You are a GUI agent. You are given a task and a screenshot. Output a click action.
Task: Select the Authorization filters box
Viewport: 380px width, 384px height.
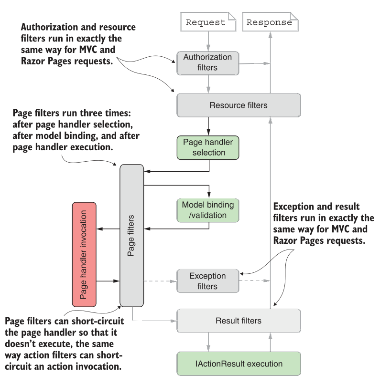click(x=208, y=62)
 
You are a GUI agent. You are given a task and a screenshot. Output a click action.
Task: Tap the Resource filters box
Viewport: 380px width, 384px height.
click(x=239, y=105)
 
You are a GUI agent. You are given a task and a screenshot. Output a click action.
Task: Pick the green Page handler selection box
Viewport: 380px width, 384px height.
click(x=208, y=147)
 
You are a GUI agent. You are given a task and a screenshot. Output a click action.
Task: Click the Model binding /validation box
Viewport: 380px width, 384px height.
click(x=208, y=210)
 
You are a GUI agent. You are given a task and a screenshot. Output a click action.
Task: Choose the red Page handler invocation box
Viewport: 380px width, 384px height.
click(x=84, y=254)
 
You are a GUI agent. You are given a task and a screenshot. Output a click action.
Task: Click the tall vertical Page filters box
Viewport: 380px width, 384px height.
click(x=131, y=236)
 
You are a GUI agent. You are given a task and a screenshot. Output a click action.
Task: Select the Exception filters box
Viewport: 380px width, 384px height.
click(x=208, y=281)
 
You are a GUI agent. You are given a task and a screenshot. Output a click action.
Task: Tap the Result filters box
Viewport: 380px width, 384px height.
click(x=239, y=321)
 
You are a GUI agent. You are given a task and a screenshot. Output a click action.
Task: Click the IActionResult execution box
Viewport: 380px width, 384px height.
click(x=239, y=363)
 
